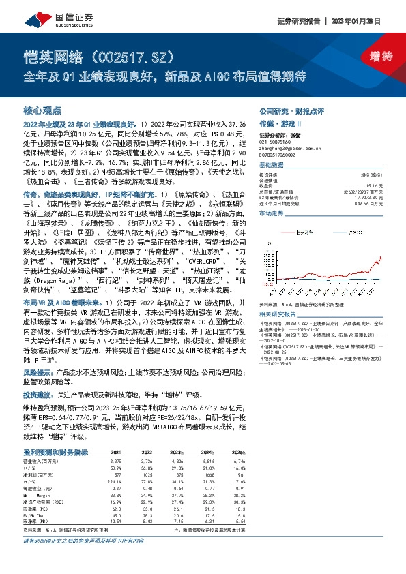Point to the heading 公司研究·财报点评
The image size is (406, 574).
(287, 110)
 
